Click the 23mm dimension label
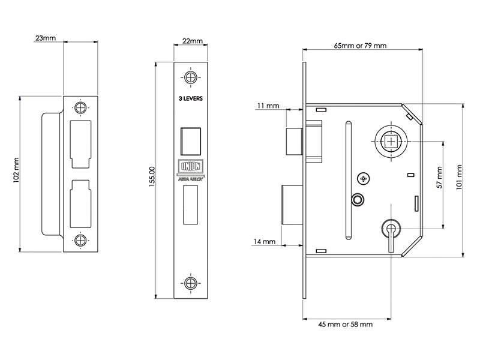46,38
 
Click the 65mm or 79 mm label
360,46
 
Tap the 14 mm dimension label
265,242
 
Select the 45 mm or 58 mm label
345,324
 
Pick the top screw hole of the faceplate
191,77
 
